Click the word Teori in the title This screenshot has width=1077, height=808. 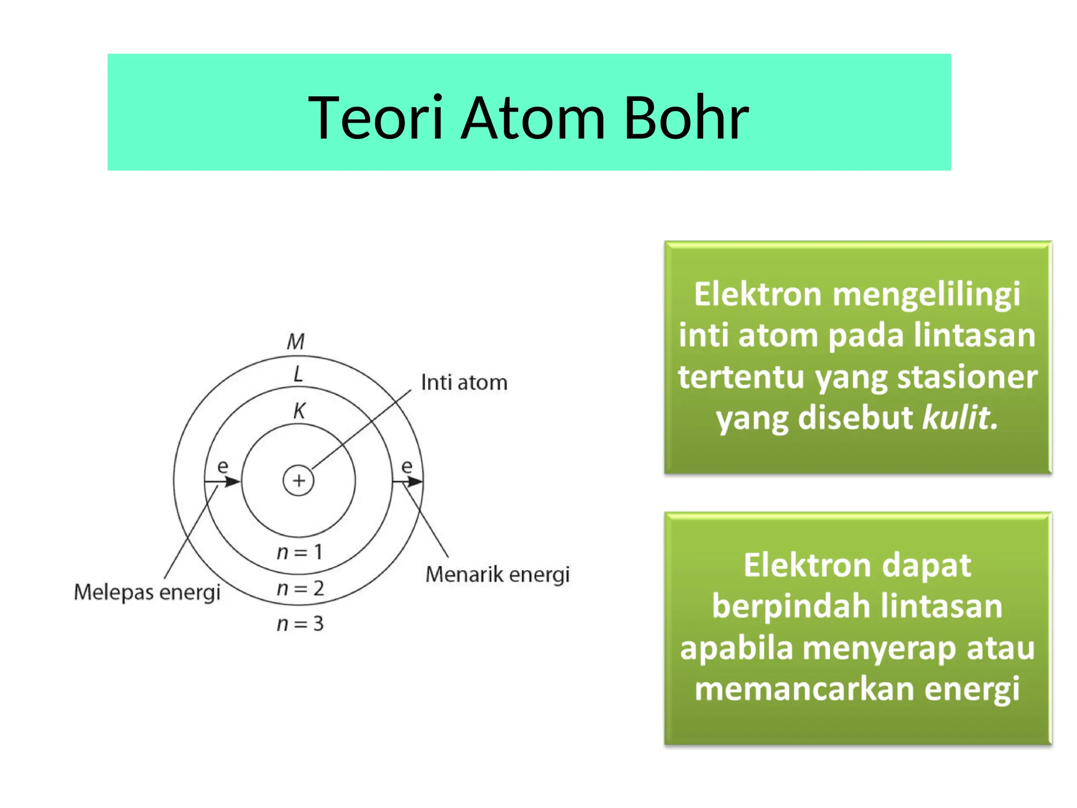click(375, 118)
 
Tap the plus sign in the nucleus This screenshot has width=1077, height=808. click(299, 480)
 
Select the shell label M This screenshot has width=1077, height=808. click(296, 342)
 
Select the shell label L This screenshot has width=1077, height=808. click(298, 375)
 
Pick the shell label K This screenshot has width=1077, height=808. click(299, 411)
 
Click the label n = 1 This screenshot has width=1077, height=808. click(299, 552)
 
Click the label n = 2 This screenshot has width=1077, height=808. click(300, 588)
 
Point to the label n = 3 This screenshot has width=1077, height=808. click(300, 624)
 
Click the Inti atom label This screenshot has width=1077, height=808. click(464, 382)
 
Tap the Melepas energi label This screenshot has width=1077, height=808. click(147, 592)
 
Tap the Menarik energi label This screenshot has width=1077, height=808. click(497, 574)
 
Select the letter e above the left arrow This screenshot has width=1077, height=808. click(223, 466)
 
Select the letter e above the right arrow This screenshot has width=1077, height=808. click(407, 466)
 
